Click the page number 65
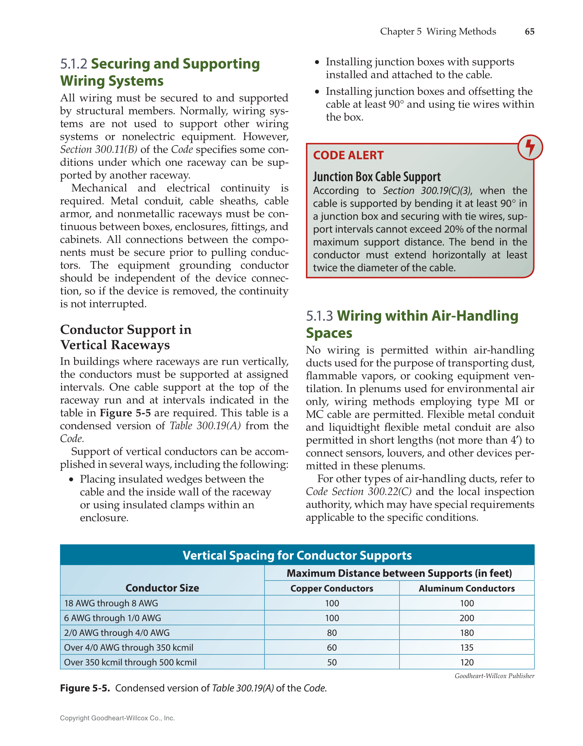coord(529,32)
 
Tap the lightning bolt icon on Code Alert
coord(530,147)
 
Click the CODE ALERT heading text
coord(348,156)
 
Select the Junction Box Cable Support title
coord(377,176)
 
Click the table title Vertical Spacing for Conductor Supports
coord(297,555)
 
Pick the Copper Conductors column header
coord(332,589)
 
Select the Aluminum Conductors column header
coord(467,589)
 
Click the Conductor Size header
coord(162,588)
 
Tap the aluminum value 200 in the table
coord(467,618)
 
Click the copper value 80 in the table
coord(332,633)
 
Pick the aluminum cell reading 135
coord(467,648)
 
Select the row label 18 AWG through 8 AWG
coord(111,603)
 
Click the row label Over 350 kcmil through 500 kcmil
coord(130,662)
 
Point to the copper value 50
coord(332,662)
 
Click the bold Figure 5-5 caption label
coord(85,688)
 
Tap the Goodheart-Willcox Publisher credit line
coord(494,676)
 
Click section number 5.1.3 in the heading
coord(319,316)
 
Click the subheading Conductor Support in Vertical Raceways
coord(126,337)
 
